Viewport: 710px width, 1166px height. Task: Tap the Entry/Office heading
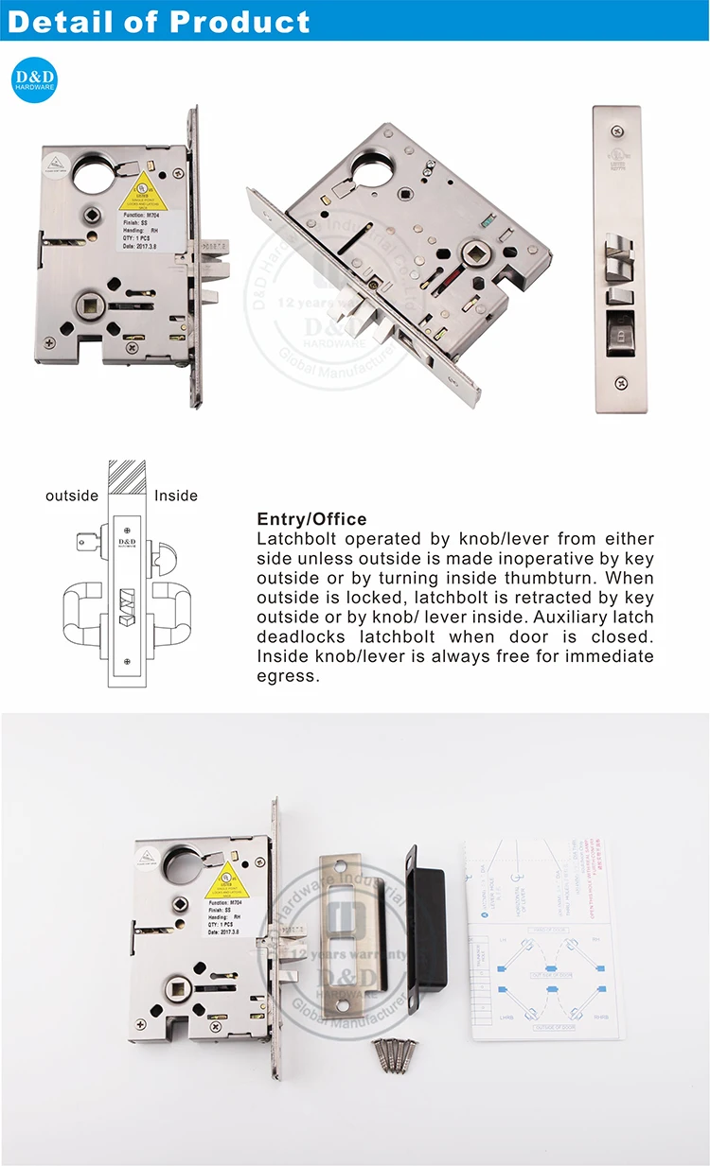(x=311, y=519)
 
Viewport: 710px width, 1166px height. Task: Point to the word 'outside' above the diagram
(x=72, y=496)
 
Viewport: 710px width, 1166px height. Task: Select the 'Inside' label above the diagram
(x=176, y=496)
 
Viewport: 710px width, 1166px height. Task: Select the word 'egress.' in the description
(x=289, y=675)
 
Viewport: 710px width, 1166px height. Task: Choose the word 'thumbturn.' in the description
(x=545, y=577)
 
